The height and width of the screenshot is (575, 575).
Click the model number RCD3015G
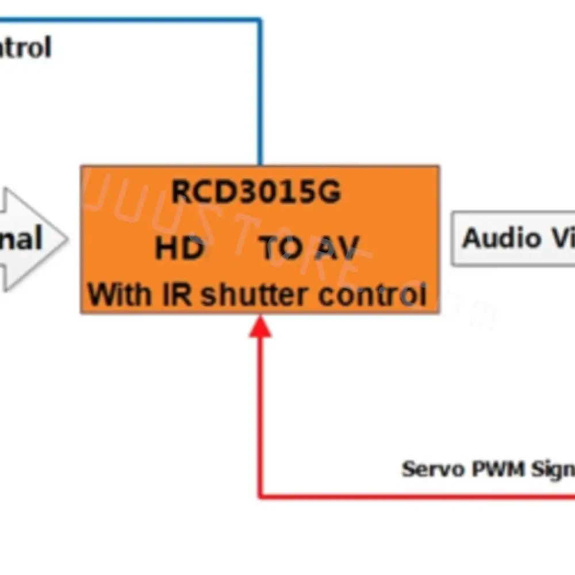tap(256, 191)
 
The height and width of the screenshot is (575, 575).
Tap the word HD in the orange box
tap(179, 248)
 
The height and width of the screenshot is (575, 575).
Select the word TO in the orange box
tap(281, 248)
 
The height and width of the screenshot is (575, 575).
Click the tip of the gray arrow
tap(67, 239)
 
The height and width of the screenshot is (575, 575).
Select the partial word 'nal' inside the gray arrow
tap(20, 239)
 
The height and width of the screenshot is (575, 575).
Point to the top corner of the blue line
tap(260, 21)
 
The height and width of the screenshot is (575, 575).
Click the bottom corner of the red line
tap(260, 496)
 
